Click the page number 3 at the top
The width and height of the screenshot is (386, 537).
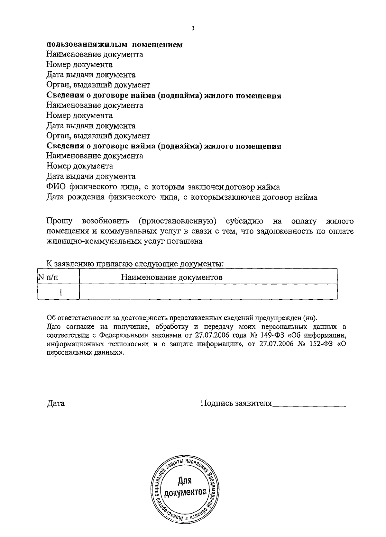pyautogui.click(x=193, y=28)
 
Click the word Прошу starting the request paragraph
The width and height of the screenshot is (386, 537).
pyautogui.click(x=60, y=221)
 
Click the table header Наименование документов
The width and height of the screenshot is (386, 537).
pyautogui.click(x=172, y=277)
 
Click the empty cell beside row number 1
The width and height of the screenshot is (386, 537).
pyautogui.click(x=208, y=292)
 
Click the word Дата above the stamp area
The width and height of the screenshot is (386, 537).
pyautogui.click(x=56, y=403)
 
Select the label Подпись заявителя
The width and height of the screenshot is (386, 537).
pyautogui.click(x=236, y=403)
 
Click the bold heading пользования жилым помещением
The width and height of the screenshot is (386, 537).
pyautogui.click(x=115, y=45)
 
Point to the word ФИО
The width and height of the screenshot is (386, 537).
pyautogui.click(x=56, y=187)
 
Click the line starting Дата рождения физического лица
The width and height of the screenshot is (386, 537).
pyautogui.click(x=182, y=197)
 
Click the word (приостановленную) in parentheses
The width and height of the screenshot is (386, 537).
pyautogui.click(x=178, y=221)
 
